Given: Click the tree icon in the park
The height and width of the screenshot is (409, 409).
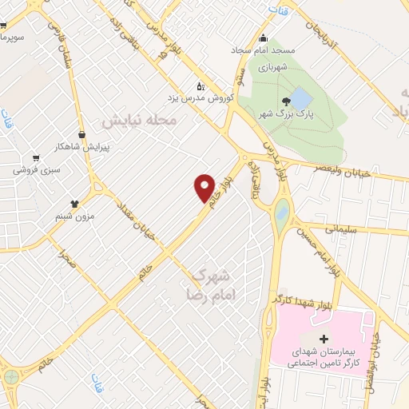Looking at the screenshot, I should [x=286, y=101].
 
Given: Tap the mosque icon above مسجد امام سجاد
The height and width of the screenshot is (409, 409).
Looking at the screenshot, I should [x=263, y=37].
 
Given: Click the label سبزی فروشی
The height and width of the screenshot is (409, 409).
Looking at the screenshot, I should [x=36, y=171].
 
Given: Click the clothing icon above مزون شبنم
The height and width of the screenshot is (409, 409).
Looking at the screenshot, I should [x=75, y=204].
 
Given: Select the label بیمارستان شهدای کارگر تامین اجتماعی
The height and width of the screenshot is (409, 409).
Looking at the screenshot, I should [x=324, y=358].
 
